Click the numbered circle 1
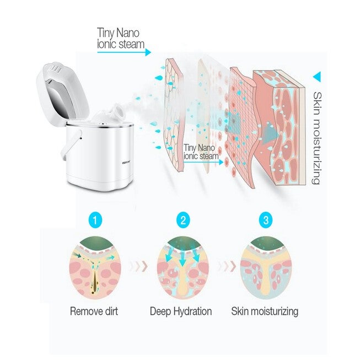pos(96,222)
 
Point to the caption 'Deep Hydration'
pos(181,311)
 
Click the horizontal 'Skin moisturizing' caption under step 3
pos(265,311)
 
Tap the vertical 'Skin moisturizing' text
pos(317,138)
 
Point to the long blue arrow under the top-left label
pos(124,52)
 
